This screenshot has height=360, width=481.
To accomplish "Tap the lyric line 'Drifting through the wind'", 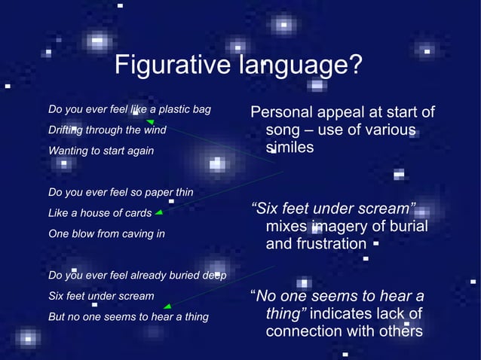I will pyautogui.click(x=107, y=130).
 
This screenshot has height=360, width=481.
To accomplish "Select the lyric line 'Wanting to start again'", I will pyautogui.click(x=100, y=151).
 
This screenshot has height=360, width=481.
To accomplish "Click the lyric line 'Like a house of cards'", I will pyautogui.click(x=100, y=213).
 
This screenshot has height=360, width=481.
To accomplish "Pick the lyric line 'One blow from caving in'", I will pyautogui.click(x=106, y=233).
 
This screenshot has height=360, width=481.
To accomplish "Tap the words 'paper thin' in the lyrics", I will pyautogui.click(x=169, y=192).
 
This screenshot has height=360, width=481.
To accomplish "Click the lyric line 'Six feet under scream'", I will pyautogui.click(x=101, y=296).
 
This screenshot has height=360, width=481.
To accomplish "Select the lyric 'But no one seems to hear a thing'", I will pyautogui.click(x=128, y=316).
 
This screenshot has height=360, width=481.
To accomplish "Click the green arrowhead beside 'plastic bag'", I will pyautogui.click(x=150, y=121).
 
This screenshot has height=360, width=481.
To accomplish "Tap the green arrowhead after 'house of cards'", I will pyautogui.click(x=159, y=213).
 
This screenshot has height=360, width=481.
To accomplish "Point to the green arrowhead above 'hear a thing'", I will pyautogui.click(x=167, y=306).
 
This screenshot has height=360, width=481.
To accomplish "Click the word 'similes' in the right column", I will pyautogui.click(x=290, y=148).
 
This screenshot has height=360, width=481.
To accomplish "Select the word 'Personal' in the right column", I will pyautogui.click(x=279, y=113).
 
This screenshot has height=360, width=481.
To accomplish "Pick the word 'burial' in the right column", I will pyautogui.click(x=406, y=227).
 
